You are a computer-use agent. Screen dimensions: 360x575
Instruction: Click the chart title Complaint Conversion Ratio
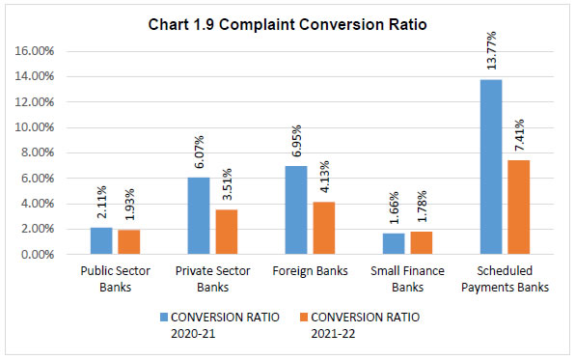(x=287, y=22)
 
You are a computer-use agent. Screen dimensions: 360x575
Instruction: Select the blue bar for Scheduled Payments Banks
(x=490, y=167)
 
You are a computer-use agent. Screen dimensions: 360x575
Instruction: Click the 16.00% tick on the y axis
(x=34, y=50)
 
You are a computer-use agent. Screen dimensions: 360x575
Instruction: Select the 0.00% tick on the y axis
(x=37, y=255)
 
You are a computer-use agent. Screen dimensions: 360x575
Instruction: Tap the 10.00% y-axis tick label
(x=34, y=127)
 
